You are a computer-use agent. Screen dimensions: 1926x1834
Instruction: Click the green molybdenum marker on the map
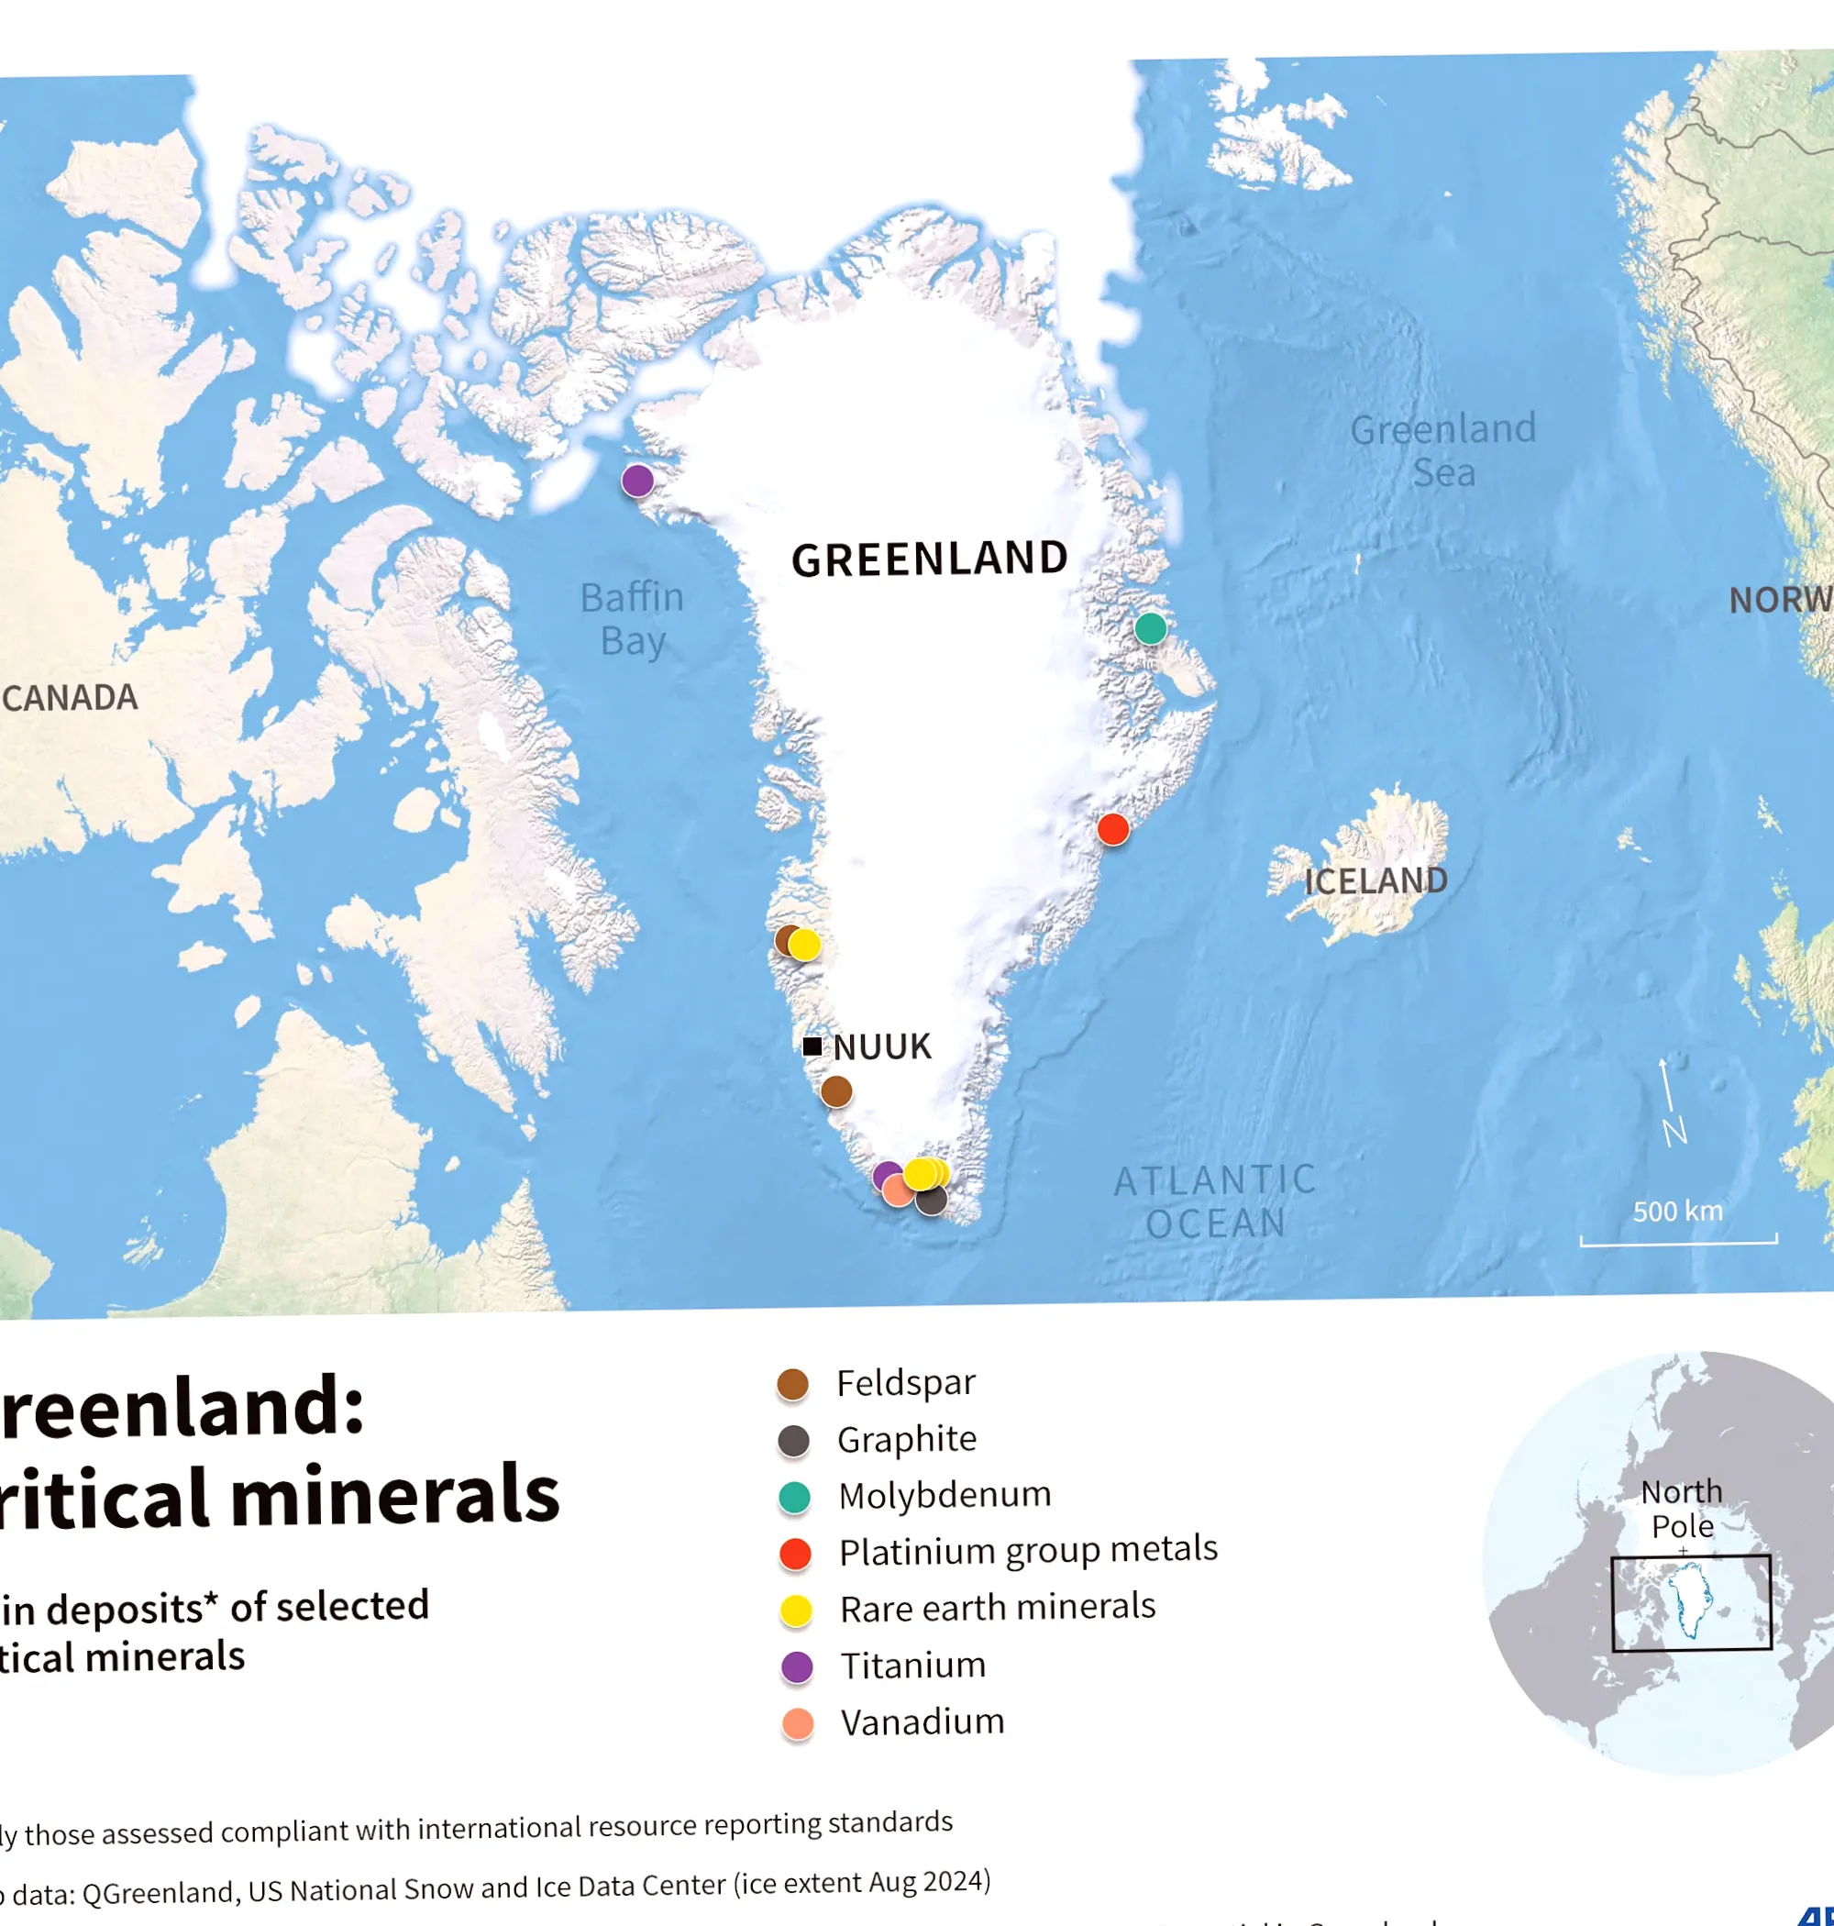tap(1150, 627)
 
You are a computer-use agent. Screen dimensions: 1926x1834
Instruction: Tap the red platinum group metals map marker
tap(1112, 829)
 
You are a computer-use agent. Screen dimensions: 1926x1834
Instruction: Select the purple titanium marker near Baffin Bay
tap(637, 480)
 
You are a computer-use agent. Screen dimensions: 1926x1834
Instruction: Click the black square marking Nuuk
tap(812, 1046)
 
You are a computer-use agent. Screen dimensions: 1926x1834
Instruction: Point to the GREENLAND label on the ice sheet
tap(929, 559)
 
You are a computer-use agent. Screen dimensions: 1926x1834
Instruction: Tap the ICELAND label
tap(1375, 880)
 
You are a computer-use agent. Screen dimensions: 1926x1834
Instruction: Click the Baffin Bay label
tap(633, 619)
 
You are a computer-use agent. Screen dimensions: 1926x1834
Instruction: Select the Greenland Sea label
tap(1443, 450)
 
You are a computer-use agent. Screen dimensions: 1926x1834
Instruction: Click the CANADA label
tap(71, 698)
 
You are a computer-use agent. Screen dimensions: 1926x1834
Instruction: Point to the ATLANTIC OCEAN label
tap(1215, 1202)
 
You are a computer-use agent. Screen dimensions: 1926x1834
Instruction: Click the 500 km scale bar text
tap(1677, 1212)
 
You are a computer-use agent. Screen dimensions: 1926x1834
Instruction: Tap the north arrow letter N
tap(1674, 1132)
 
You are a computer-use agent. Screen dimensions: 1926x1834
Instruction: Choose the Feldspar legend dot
tap(792, 1384)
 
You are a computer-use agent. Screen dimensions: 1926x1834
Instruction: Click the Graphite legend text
tap(906, 1439)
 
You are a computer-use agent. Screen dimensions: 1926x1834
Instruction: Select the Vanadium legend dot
tap(798, 1723)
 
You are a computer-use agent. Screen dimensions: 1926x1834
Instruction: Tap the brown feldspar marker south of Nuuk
tap(836, 1091)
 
